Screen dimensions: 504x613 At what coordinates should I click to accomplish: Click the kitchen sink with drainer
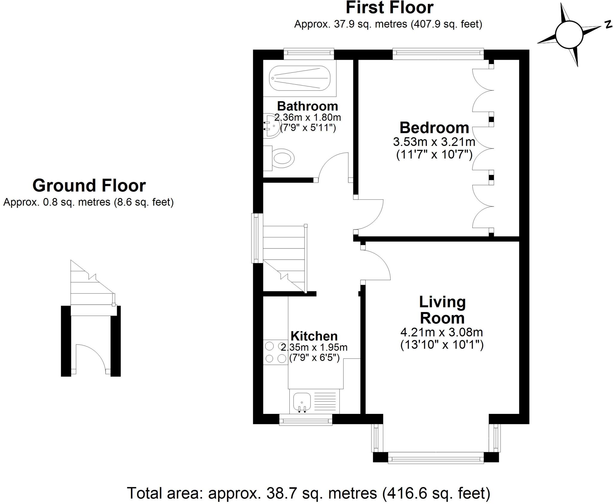314,402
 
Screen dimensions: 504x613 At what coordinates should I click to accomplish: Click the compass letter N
608,25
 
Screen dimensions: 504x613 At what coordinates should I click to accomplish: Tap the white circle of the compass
569,34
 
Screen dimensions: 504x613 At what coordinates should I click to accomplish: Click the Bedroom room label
434,128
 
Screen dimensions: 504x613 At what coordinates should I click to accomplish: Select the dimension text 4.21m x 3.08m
441,332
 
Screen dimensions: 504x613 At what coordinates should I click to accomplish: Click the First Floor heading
389,8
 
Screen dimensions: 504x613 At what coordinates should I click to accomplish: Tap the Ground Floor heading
89,185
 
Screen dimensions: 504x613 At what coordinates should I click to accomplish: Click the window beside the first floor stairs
257,238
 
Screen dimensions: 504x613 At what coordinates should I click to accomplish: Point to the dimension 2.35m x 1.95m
314,347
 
